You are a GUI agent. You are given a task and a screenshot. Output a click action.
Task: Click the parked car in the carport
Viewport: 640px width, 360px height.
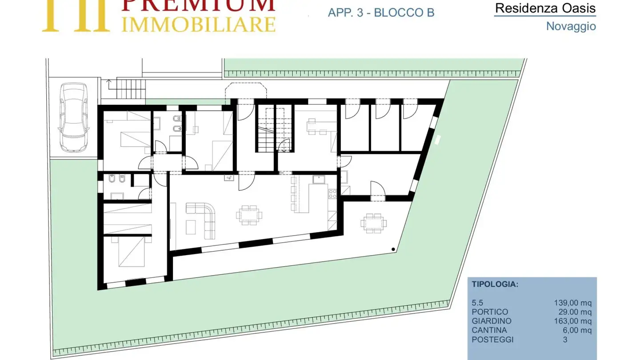tap(73, 117)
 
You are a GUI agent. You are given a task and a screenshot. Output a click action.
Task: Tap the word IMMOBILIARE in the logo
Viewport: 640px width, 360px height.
tap(199, 24)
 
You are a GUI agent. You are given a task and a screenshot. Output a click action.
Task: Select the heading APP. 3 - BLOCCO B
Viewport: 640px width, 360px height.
tap(381, 12)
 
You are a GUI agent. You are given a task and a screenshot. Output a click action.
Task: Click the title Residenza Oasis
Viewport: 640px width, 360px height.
tap(545, 8)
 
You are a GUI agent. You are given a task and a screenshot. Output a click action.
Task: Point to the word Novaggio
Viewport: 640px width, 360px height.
tap(571, 26)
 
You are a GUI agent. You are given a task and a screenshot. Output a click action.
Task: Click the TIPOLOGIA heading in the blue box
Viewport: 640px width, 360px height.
tap(495, 284)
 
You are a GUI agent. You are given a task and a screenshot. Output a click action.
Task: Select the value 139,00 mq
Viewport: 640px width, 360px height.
tap(572, 303)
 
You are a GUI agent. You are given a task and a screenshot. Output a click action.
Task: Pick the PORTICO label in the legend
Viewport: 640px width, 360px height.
tap(490, 312)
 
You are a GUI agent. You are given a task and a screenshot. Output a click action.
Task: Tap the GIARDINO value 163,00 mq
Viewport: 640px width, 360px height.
tap(572, 321)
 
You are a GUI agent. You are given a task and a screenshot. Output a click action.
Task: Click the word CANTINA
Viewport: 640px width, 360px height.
tap(489, 330)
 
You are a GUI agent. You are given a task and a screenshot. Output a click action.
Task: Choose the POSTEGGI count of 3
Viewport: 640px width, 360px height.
tap(565, 340)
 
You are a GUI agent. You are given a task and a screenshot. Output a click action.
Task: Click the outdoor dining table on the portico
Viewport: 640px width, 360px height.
tap(373, 223)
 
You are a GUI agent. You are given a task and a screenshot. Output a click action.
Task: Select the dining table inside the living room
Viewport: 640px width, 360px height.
tap(249, 215)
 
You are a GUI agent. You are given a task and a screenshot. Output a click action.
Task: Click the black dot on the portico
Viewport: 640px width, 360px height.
tap(393, 249)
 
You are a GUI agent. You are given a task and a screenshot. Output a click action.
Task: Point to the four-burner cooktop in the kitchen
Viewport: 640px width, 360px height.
tap(332, 194)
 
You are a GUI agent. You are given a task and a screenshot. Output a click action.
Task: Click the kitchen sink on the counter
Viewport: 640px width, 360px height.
tap(318, 180)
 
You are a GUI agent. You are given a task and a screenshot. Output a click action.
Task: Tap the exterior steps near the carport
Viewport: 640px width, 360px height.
tap(131, 89)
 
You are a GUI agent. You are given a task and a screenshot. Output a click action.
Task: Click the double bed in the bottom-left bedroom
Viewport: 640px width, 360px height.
tap(132, 252)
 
